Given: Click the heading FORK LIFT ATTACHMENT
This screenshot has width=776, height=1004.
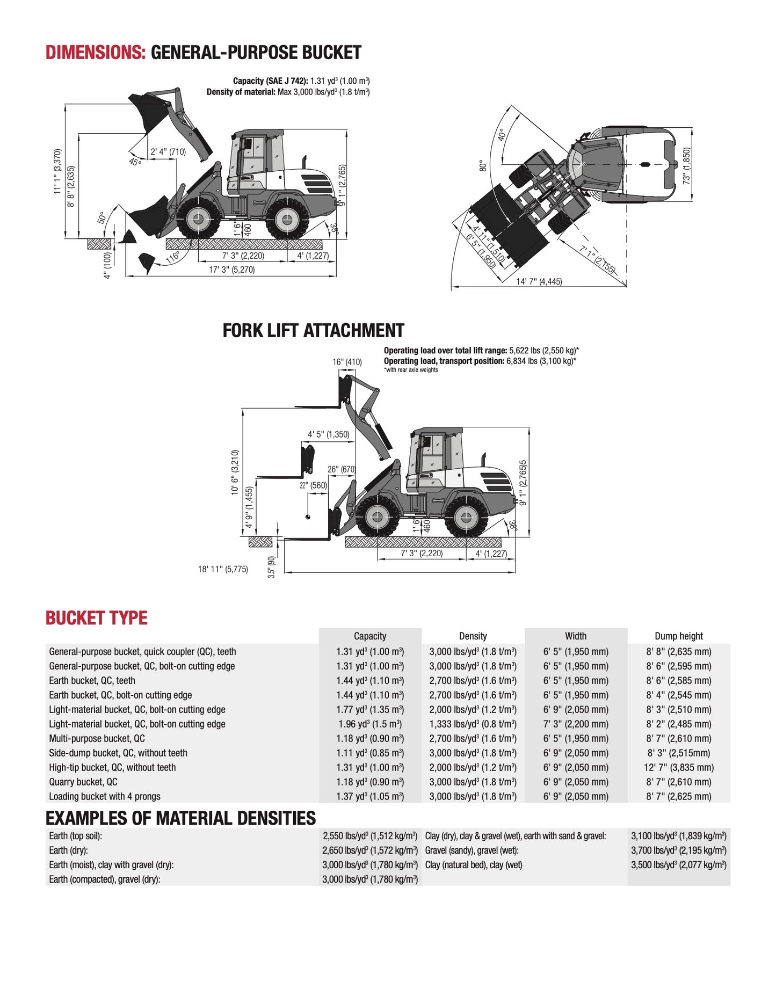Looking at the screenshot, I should click(313, 331).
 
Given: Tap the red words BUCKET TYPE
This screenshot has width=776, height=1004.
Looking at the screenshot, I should click(96, 618).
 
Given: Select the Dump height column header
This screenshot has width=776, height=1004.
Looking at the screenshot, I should click(678, 636).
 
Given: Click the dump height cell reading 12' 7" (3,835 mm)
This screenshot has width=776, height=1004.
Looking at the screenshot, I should click(678, 768).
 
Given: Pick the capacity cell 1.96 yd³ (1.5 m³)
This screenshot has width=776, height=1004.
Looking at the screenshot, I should click(370, 724).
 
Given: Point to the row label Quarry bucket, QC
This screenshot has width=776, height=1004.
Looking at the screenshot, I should click(83, 782).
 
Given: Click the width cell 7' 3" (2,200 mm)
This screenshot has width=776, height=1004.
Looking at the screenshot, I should click(576, 724).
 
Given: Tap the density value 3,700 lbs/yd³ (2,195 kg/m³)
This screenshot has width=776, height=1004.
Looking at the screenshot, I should click(678, 850).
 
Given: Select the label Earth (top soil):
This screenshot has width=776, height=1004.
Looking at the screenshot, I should click(76, 836).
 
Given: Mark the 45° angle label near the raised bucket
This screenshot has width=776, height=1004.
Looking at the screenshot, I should click(135, 161).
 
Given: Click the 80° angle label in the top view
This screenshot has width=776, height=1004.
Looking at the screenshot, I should click(483, 166).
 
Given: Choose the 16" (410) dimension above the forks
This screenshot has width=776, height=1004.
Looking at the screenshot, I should click(347, 362).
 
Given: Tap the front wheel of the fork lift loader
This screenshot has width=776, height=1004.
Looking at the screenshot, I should click(378, 516).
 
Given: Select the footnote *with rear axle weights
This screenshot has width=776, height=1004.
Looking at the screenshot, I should click(411, 370).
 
